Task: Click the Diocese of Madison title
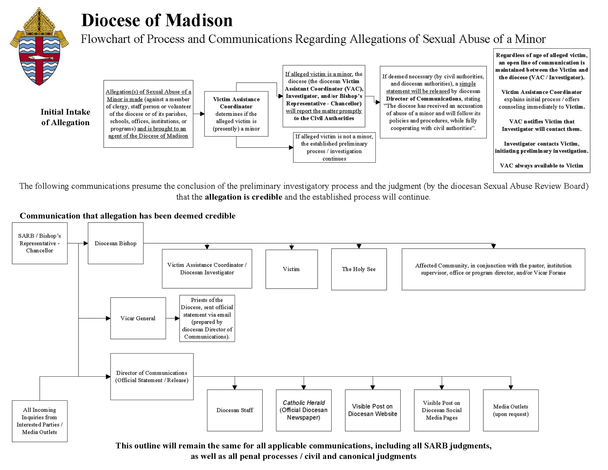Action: coord(157,20)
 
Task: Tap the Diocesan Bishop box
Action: coord(116,243)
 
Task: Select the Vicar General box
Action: coord(138,318)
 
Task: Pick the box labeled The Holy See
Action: coord(359,269)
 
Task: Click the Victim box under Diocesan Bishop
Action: coord(291,269)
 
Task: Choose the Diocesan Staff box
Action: coord(235,410)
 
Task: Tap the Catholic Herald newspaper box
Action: coord(304,410)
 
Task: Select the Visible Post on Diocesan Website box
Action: coord(373,410)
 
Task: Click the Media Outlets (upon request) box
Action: coord(511,410)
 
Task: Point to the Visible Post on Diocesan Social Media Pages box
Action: coord(442,410)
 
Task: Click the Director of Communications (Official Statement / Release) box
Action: coord(152,377)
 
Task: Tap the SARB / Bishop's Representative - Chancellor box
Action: coord(40,243)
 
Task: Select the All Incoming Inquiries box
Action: coord(40,421)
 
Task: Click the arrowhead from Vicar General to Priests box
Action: coord(177,318)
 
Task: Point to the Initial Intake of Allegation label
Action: coord(65,117)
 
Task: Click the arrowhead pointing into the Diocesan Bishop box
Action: coord(86,243)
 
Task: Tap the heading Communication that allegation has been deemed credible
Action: coord(128,216)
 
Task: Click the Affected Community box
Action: coord(493,269)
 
